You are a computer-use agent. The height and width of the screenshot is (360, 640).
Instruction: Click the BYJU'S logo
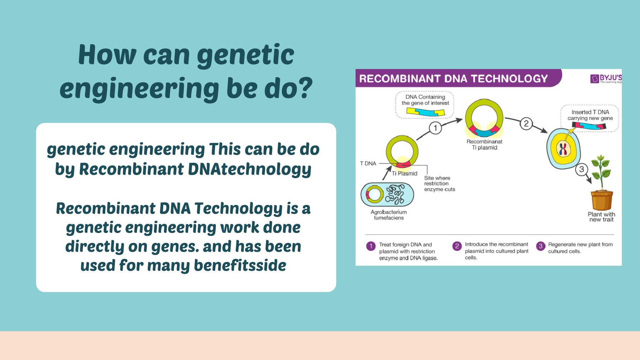[606, 79]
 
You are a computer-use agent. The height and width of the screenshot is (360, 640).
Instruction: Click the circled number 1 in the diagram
[435, 128]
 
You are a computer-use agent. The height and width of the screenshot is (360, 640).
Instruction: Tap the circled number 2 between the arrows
[526, 123]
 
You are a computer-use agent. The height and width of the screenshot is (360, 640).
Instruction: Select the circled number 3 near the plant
[581, 169]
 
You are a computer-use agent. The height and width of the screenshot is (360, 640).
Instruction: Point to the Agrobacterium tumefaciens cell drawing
[387, 195]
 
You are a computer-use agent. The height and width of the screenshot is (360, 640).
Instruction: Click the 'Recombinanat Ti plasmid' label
[484, 144]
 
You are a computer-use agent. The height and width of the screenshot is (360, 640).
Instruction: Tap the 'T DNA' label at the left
[368, 163]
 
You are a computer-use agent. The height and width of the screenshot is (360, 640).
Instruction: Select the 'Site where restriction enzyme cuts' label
[439, 184]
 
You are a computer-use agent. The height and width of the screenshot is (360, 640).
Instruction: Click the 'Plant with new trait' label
[601, 217]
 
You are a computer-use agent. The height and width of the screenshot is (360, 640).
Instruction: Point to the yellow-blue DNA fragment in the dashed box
[426, 112]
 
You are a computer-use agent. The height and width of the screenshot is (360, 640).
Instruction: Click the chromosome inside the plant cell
[563, 149]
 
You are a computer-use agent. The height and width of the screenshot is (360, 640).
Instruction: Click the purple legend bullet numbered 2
[457, 246]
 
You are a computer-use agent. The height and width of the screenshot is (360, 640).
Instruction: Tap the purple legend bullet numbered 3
[540, 246]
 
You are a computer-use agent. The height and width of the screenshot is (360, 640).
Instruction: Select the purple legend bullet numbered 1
[371, 246]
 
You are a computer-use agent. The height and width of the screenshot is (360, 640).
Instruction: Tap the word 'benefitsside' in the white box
[240, 265]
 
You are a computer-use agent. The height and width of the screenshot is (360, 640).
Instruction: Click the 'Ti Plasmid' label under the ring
[405, 174]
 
